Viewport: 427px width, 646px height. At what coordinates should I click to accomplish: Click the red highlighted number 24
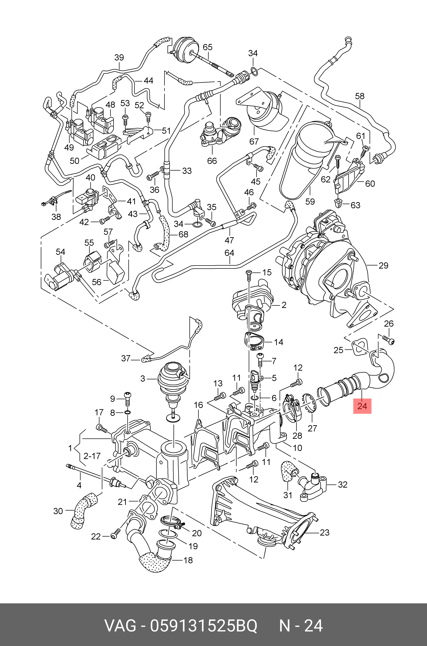pyautogui.click(x=362, y=406)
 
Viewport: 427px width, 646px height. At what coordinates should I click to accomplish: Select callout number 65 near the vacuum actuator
pyautogui.click(x=208, y=47)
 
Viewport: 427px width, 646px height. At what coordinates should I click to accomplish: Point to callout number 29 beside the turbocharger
pyautogui.click(x=383, y=265)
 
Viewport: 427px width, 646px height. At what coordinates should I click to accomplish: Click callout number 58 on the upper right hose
pyautogui.click(x=360, y=96)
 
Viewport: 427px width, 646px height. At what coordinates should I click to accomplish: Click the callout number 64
pyautogui.click(x=229, y=253)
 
